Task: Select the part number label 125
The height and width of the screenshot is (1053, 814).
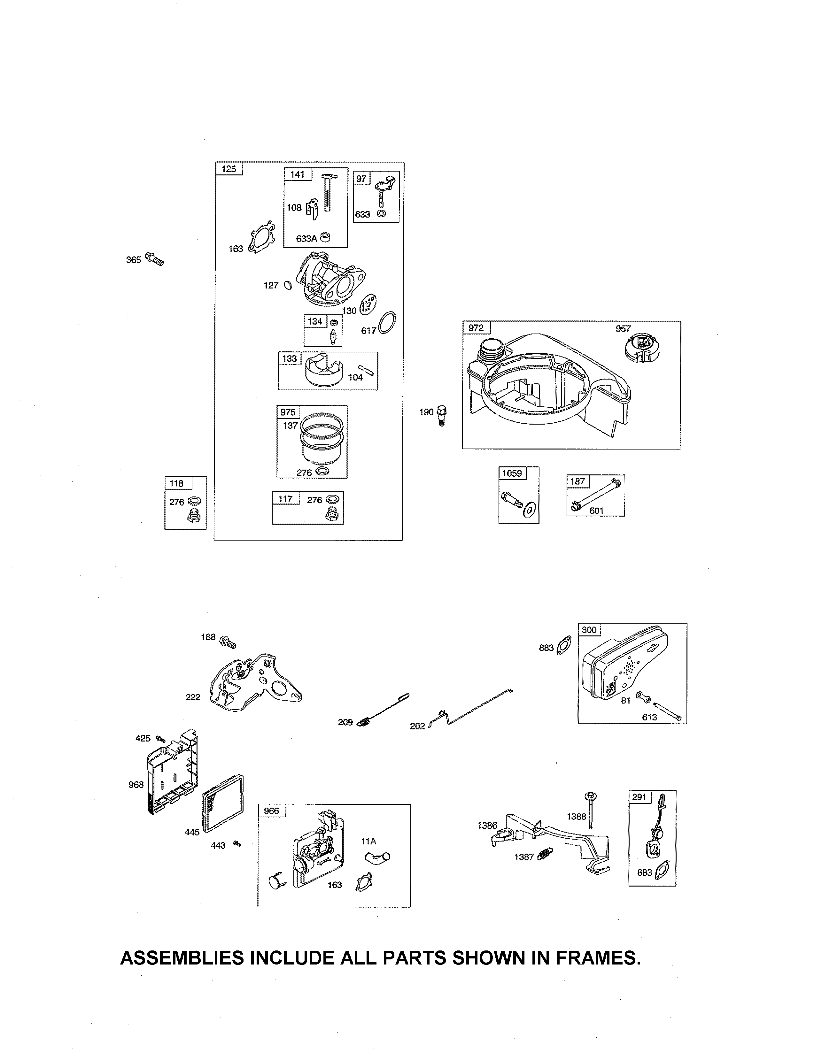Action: coord(229,169)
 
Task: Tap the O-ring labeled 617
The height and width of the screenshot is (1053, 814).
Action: coord(387,323)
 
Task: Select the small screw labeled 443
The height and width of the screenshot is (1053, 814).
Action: coord(236,843)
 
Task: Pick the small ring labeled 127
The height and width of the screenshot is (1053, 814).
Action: coord(288,285)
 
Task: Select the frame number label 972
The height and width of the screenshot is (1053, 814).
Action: coord(476,328)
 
